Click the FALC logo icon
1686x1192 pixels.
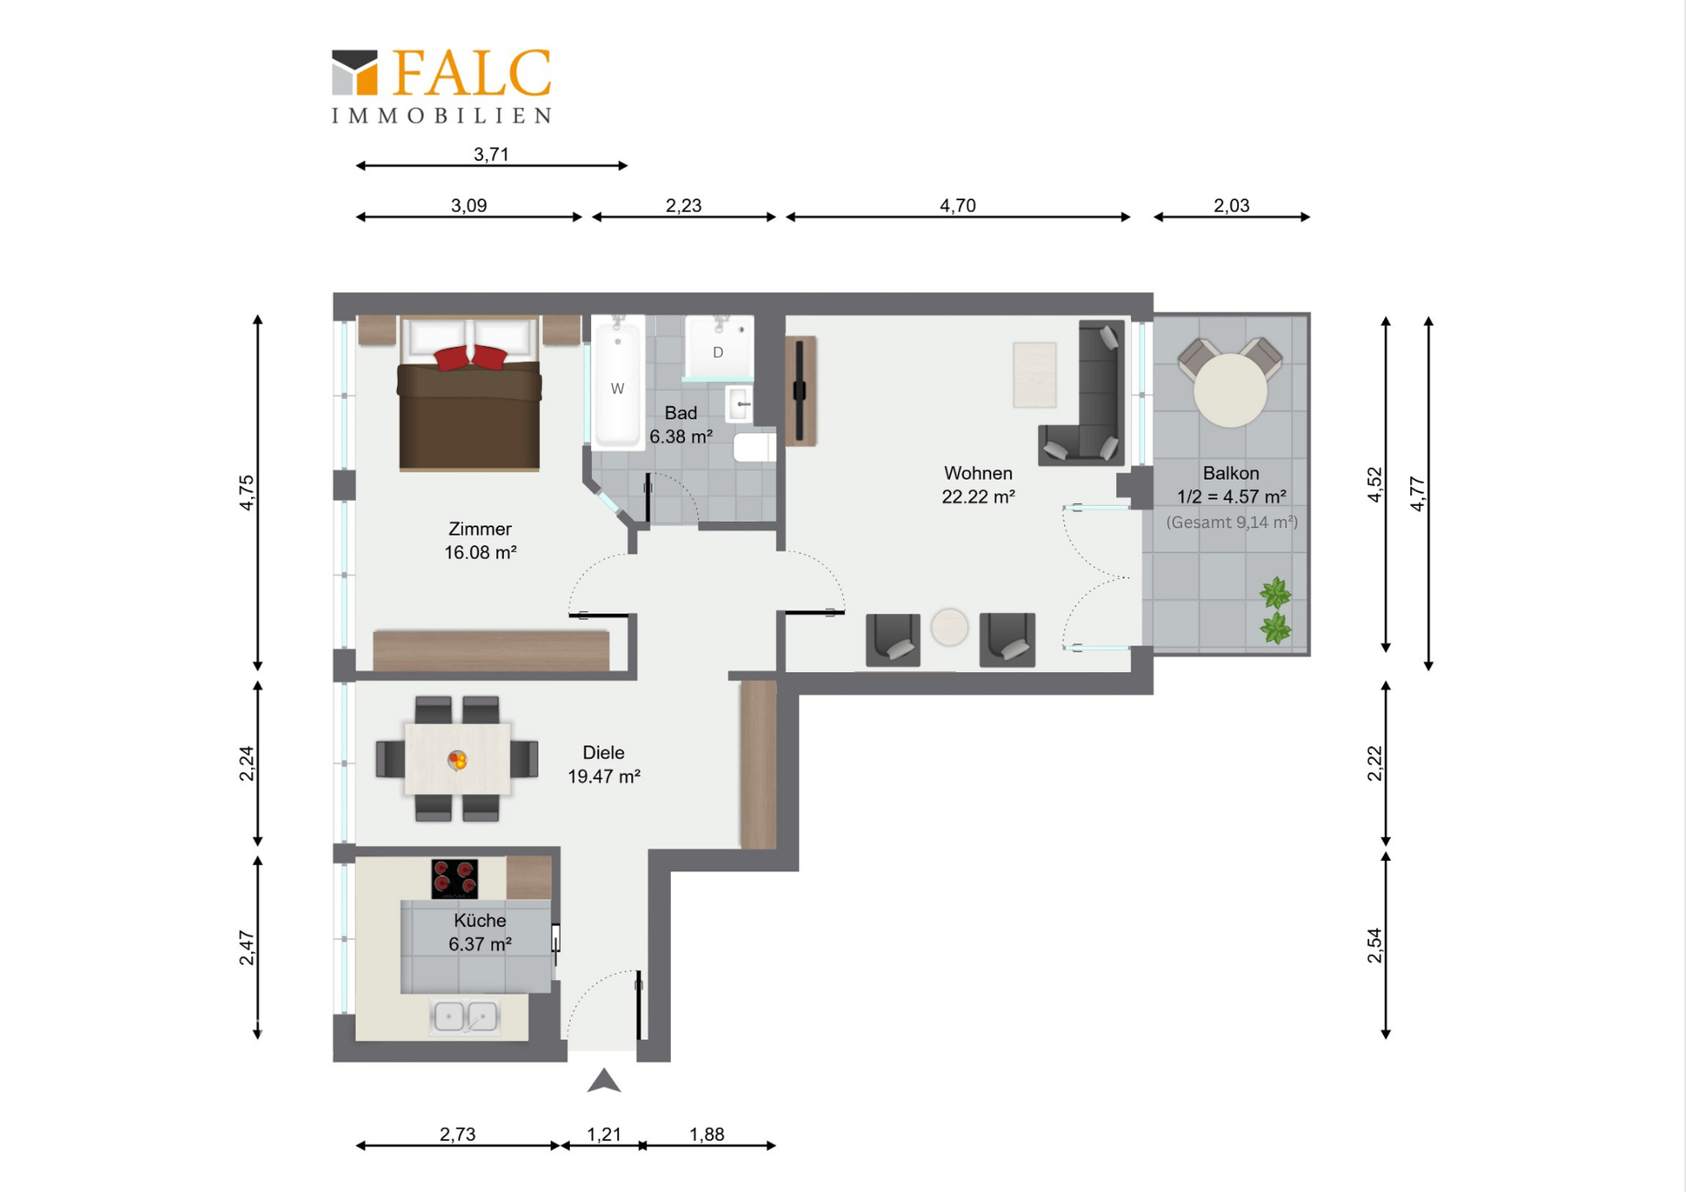click(x=355, y=72)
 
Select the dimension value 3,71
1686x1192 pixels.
click(x=491, y=155)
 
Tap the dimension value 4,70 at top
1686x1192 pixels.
click(x=957, y=206)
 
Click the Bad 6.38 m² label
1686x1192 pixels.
click(x=681, y=424)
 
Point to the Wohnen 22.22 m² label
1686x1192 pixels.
click(x=978, y=485)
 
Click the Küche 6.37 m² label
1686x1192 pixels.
click(x=479, y=932)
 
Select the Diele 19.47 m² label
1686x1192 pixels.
click(x=603, y=764)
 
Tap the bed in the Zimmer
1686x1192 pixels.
click(x=469, y=404)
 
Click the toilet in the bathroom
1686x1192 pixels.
click(x=753, y=446)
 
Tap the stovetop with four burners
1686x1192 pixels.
click(x=455, y=878)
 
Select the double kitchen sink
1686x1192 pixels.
click(x=465, y=1016)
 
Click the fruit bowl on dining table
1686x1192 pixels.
click(x=457, y=760)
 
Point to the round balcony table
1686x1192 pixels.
click(x=1230, y=390)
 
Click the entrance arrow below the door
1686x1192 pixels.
click(x=604, y=1081)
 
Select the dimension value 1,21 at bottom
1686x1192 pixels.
click(x=604, y=1134)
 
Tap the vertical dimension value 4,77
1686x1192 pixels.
click(x=1417, y=493)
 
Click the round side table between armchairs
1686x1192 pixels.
click(x=949, y=627)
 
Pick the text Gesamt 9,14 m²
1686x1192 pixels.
click(x=1231, y=523)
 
